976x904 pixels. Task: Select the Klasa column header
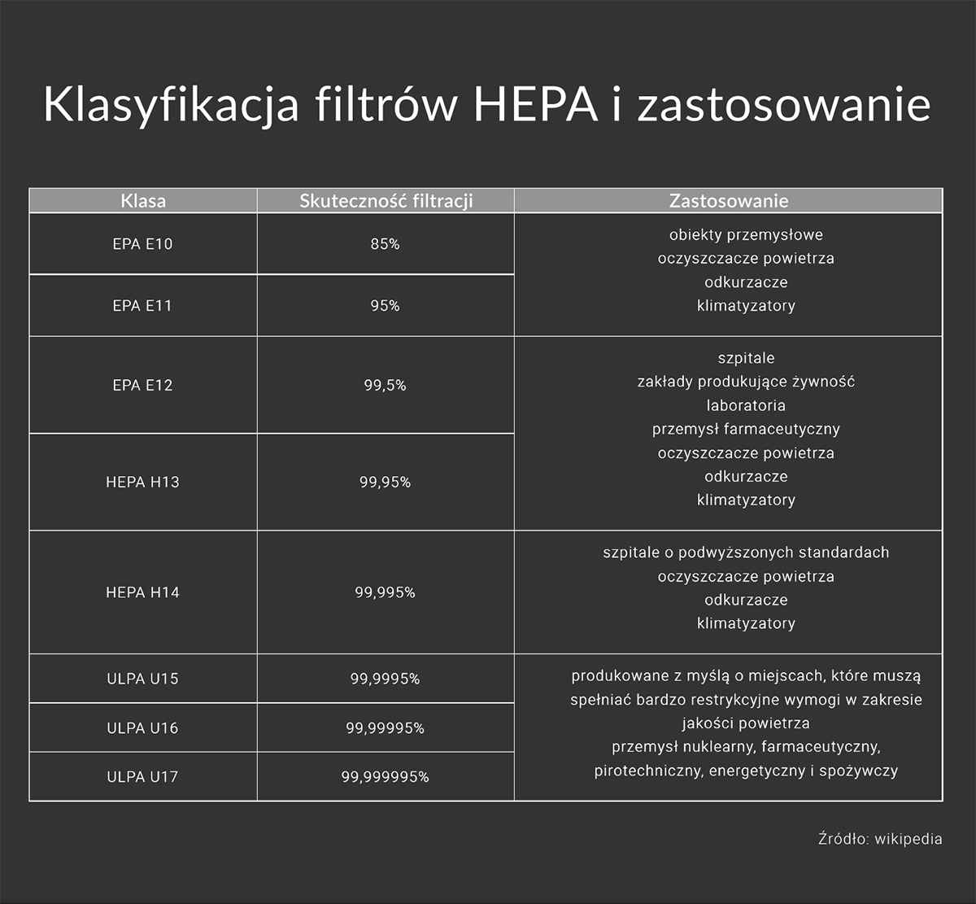143,201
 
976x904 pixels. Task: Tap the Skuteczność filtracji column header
386,201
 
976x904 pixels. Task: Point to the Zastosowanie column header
729,201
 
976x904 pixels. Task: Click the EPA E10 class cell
143,244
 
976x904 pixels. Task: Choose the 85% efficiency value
386,244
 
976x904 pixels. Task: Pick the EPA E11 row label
143,306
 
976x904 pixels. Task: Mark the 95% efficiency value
386,306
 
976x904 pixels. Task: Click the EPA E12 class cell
143,386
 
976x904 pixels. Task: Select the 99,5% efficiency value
386,386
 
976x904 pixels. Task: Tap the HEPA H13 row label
143,483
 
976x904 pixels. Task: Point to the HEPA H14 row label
143,592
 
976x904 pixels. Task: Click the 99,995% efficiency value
386,592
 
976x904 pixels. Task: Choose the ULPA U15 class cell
143,679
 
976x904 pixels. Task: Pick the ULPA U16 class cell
143,728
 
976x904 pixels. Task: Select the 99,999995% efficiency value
386,777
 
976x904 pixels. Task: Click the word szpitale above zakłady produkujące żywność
746,358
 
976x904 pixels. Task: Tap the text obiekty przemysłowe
746,235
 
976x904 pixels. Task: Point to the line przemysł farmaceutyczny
746,429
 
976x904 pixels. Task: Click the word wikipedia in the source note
908,839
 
